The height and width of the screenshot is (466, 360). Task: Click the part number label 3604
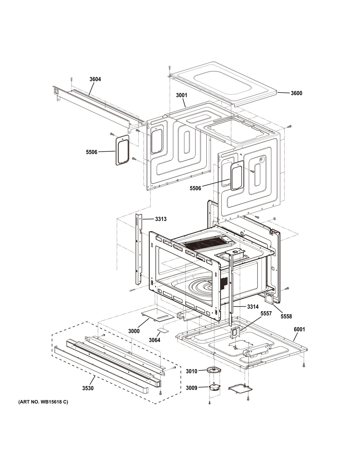point(95,79)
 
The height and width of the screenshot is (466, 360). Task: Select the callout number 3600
point(296,93)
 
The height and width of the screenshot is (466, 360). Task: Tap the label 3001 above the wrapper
point(181,95)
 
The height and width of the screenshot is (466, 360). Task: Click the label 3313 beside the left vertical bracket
point(161,219)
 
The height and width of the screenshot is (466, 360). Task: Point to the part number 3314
point(253,307)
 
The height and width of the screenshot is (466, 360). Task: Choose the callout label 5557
point(266,313)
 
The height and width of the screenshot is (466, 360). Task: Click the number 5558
point(286,316)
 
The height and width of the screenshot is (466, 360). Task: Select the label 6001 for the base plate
point(299,329)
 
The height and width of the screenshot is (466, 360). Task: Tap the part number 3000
point(134,331)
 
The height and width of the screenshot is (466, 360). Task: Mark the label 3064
point(155,340)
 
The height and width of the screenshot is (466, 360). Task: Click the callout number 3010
point(191,371)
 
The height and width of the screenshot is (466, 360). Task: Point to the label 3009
point(191,388)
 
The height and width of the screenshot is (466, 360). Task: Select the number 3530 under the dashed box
point(88,388)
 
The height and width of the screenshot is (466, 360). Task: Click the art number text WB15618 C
point(43,409)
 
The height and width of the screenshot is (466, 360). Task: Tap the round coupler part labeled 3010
point(214,370)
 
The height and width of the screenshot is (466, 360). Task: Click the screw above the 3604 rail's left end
point(71,79)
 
